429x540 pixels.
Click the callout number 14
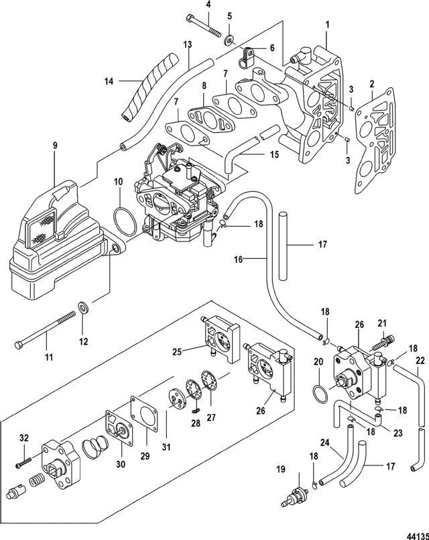tap(109, 82)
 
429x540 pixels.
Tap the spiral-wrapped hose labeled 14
tap(149, 88)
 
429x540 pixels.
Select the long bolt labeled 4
tap(204, 24)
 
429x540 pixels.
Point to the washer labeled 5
tap(229, 40)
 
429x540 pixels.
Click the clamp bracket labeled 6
tap(246, 57)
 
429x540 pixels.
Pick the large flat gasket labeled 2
tap(375, 139)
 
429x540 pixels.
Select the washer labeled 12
tap(83, 307)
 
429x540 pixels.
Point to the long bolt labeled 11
tap(46, 329)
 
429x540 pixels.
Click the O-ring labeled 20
tap(320, 392)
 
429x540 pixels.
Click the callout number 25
tap(177, 352)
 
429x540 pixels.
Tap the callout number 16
tap(239, 260)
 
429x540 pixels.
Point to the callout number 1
tap(327, 24)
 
